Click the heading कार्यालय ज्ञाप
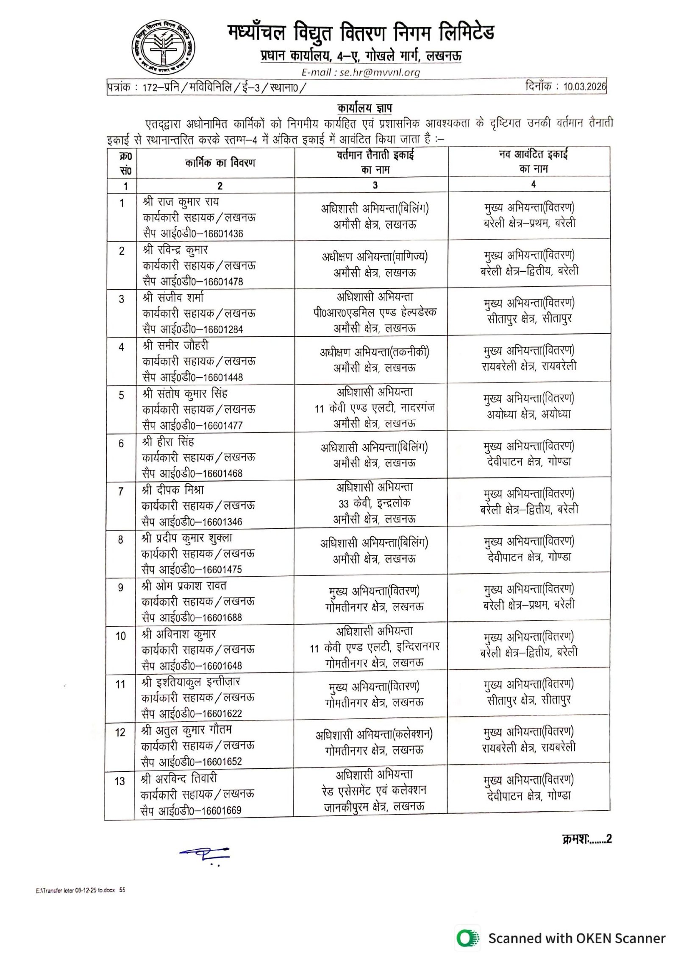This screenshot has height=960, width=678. [364, 108]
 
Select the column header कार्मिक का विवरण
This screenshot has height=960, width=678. [220, 163]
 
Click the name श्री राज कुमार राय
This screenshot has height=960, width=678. [181, 201]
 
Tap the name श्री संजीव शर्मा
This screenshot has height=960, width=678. [174, 298]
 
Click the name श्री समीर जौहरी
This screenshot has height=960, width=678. [176, 346]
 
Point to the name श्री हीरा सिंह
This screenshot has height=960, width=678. [169, 442]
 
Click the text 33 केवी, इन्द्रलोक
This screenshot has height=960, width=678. [375, 503]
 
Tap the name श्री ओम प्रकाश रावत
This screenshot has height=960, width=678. [185, 586]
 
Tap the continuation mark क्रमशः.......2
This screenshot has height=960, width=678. [587, 839]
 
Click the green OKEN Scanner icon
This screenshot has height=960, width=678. [467, 938]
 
